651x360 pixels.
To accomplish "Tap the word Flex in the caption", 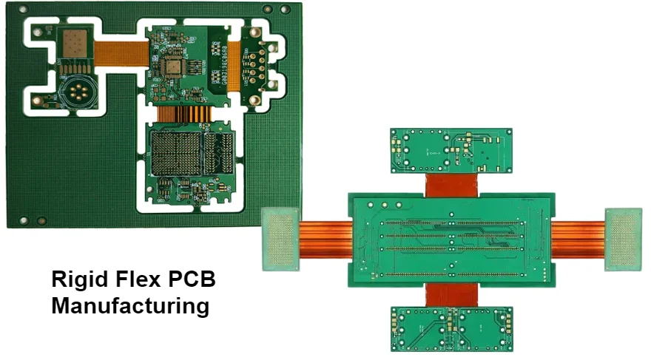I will [x=138, y=280].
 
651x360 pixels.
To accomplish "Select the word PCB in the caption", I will [x=195, y=280].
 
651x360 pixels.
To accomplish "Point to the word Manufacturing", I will [x=130, y=305].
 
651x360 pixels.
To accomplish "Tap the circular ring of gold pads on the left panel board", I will [x=76, y=93].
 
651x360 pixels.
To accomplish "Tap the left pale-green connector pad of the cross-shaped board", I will [x=281, y=239].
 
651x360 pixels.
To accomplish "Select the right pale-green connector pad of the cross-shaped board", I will [x=623, y=239].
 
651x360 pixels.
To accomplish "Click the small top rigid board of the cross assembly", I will [x=451, y=150].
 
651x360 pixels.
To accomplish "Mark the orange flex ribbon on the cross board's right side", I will [x=579, y=240].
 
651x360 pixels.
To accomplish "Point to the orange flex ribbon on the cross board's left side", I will [x=324, y=239].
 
